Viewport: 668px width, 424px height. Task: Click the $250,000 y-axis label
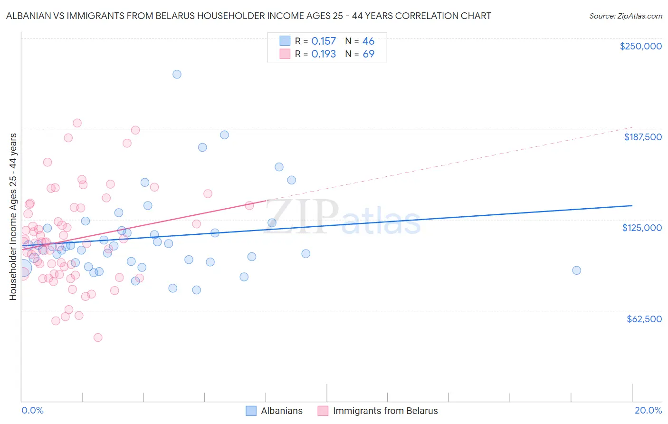pyautogui.click(x=640, y=46)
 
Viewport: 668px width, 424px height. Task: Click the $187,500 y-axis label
pyautogui.click(x=642, y=137)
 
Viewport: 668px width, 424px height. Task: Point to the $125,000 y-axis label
pyautogui.click(x=642, y=228)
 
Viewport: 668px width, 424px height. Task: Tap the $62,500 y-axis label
pyautogui.click(x=644, y=319)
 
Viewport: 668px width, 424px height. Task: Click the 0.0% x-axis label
pyautogui.click(x=32, y=410)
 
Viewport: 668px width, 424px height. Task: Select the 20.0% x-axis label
pyautogui.click(x=648, y=410)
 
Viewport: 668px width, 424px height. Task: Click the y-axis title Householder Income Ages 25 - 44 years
pyautogui.click(x=13, y=217)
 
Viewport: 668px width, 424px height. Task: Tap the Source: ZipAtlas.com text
pyautogui.click(x=625, y=16)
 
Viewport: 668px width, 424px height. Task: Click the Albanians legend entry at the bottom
pyautogui.click(x=281, y=411)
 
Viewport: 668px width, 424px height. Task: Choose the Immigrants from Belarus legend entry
pyautogui.click(x=385, y=411)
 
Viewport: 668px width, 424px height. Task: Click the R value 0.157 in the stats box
pyautogui.click(x=324, y=41)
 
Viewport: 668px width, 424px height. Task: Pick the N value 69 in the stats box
pyautogui.click(x=368, y=54)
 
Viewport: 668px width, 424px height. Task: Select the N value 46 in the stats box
pyautogui.click(x=368, y=41)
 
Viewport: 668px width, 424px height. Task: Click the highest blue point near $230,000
pyautogui.click(x=177, y=74)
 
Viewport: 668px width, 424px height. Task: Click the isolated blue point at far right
pyautogui.click(x=576, y=270)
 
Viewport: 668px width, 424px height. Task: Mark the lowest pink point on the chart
pyautogui.click(x=98, y=337)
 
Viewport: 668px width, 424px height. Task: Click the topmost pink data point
pyautogui.click(x=77, y=123)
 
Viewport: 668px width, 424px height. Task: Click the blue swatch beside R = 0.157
pyautogui.click(x=285, y=41)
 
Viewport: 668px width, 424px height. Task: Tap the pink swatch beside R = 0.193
pyautogui.click(x=285, y=54)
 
